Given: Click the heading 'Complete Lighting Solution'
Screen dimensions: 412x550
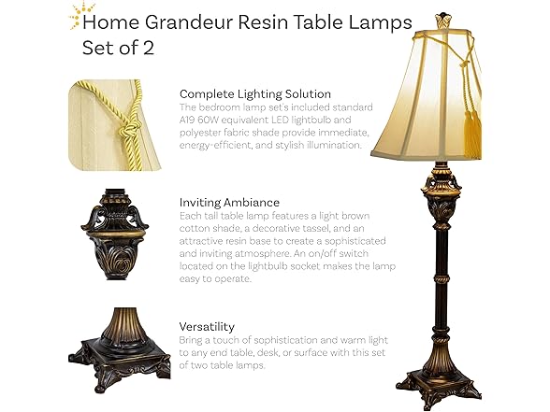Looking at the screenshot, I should point(254,93).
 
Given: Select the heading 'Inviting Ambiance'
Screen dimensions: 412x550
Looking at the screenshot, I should point(229,202).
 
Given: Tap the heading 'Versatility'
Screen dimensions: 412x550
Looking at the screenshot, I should point(207,327).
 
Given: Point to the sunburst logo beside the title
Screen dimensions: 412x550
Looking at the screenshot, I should point(71,14).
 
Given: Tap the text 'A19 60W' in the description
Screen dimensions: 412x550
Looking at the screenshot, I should point(203,120).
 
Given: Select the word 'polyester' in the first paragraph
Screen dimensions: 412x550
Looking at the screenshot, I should point(205,133).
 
